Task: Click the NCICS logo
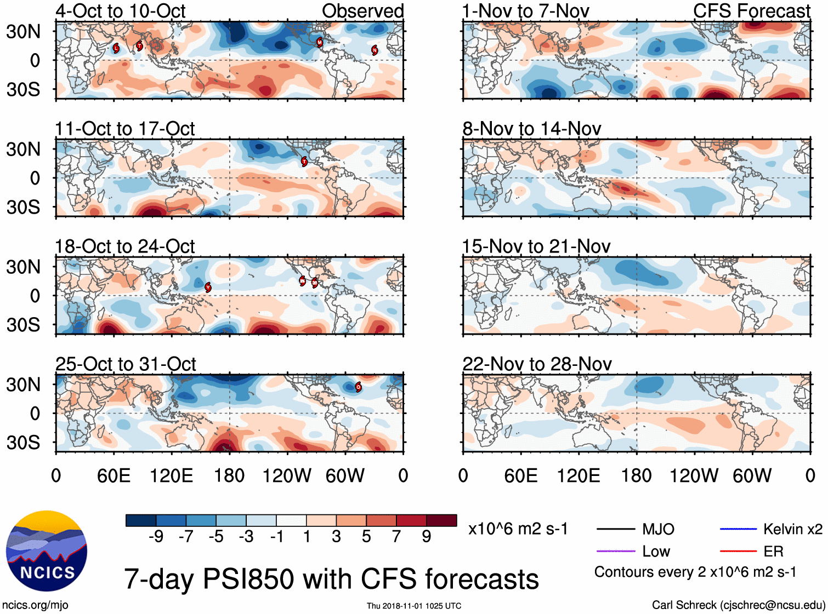click(46, 550)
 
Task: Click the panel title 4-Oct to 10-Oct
click(120, 11)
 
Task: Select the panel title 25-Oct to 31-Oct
click(126, 364)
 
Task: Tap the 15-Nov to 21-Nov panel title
click(536, 246)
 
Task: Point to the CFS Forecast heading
click(751, 11)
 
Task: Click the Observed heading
click(362, 11)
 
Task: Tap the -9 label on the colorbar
click(156, 537)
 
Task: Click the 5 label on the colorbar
click(366, 537)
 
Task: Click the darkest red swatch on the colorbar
click(441, 520)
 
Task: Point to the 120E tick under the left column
click(172, 475)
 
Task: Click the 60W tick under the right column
click(752, 475)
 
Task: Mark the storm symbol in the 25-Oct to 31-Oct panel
click(358, 387)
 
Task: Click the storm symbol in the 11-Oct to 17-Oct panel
click(304, 161)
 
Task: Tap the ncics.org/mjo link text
click(35, 605)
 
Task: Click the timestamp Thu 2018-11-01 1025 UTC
click(414, 606)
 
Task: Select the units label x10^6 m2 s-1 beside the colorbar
click(518, 529)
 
